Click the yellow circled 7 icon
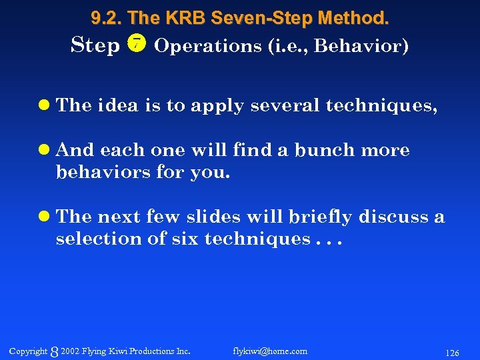click(137, 45)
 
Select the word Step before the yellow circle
click(95, 46)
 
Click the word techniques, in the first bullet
click(381, 106)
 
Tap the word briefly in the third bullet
click(321, 217)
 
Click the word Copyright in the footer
click(28, 351)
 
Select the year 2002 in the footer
click(70, 351)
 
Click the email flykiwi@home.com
click(270, 351)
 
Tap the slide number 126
click(452, 351)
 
